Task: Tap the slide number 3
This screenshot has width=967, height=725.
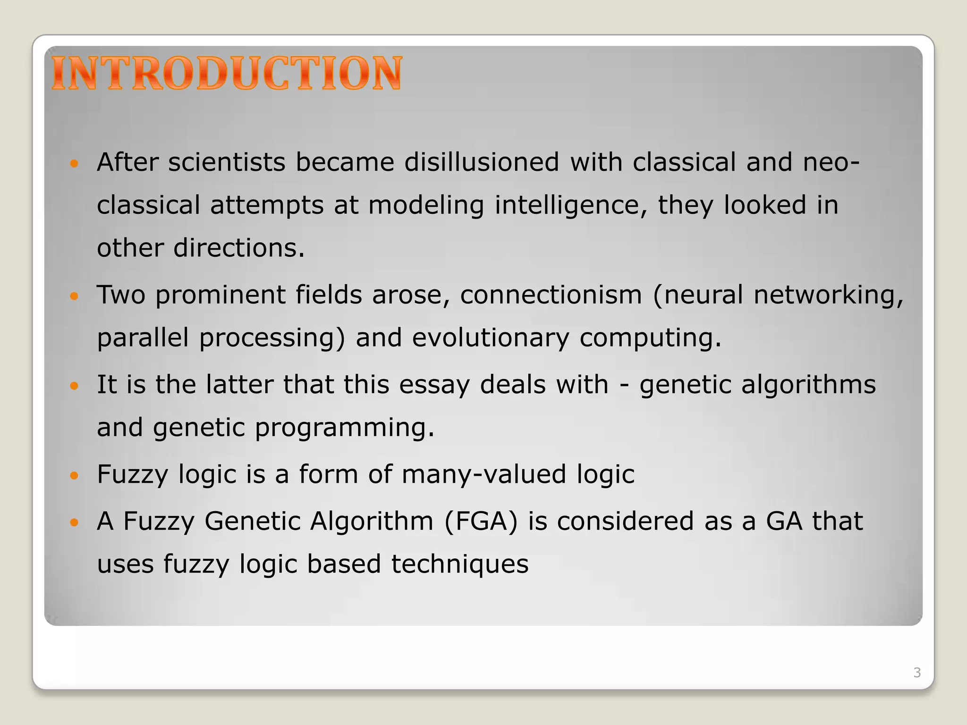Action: click(x=917, y=673)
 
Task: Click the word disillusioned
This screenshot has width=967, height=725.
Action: click(x=482, y=162)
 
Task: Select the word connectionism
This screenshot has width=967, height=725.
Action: click(x=551, y=295)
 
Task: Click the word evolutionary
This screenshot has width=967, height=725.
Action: click(x=491, y=338)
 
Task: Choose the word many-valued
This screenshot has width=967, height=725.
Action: click(x=483, y=474)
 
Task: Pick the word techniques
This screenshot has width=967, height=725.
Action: click(x=459, y=565)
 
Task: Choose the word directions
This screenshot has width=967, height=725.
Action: click(x=239, y=248)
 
